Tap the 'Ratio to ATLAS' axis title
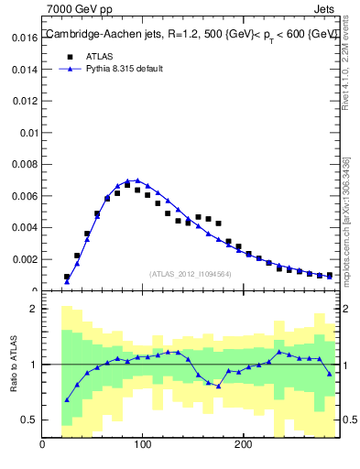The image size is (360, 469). tap(14, 365)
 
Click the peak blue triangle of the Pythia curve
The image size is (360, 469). tap(136, 180)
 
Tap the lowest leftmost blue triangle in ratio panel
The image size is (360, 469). tap(67, 399)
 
